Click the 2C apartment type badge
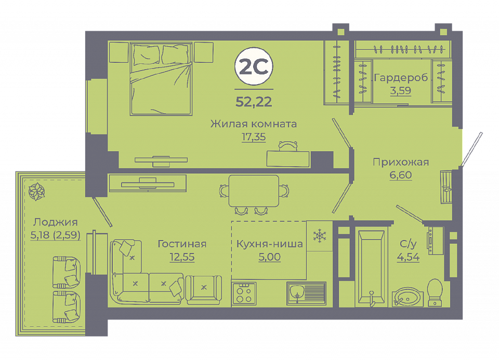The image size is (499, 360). pos(254,66)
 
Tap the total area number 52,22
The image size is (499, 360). pos(254,102)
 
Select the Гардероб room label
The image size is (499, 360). pos(401,78)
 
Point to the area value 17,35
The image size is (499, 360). pos(254,137)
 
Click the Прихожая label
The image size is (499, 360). pos(401,162)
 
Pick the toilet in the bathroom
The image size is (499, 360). pos(435,292)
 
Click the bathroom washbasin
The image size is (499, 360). pos(408,297)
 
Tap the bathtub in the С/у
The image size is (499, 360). pos(371,267)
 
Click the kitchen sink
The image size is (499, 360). pos(306,293)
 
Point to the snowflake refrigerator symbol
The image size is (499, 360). pos(320,236)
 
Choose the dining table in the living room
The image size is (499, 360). pos(254,191)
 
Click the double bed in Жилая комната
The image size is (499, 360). pos(161,78)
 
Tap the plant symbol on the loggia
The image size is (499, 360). pos(36,192)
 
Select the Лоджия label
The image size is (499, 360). pos(56,222)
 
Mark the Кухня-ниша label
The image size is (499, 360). pos(270,244)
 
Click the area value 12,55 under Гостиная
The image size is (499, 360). pos(182,257)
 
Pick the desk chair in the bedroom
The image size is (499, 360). pos(288,146)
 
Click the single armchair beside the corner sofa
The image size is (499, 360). pos(204,288)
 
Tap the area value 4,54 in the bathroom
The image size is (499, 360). pos(408,257)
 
